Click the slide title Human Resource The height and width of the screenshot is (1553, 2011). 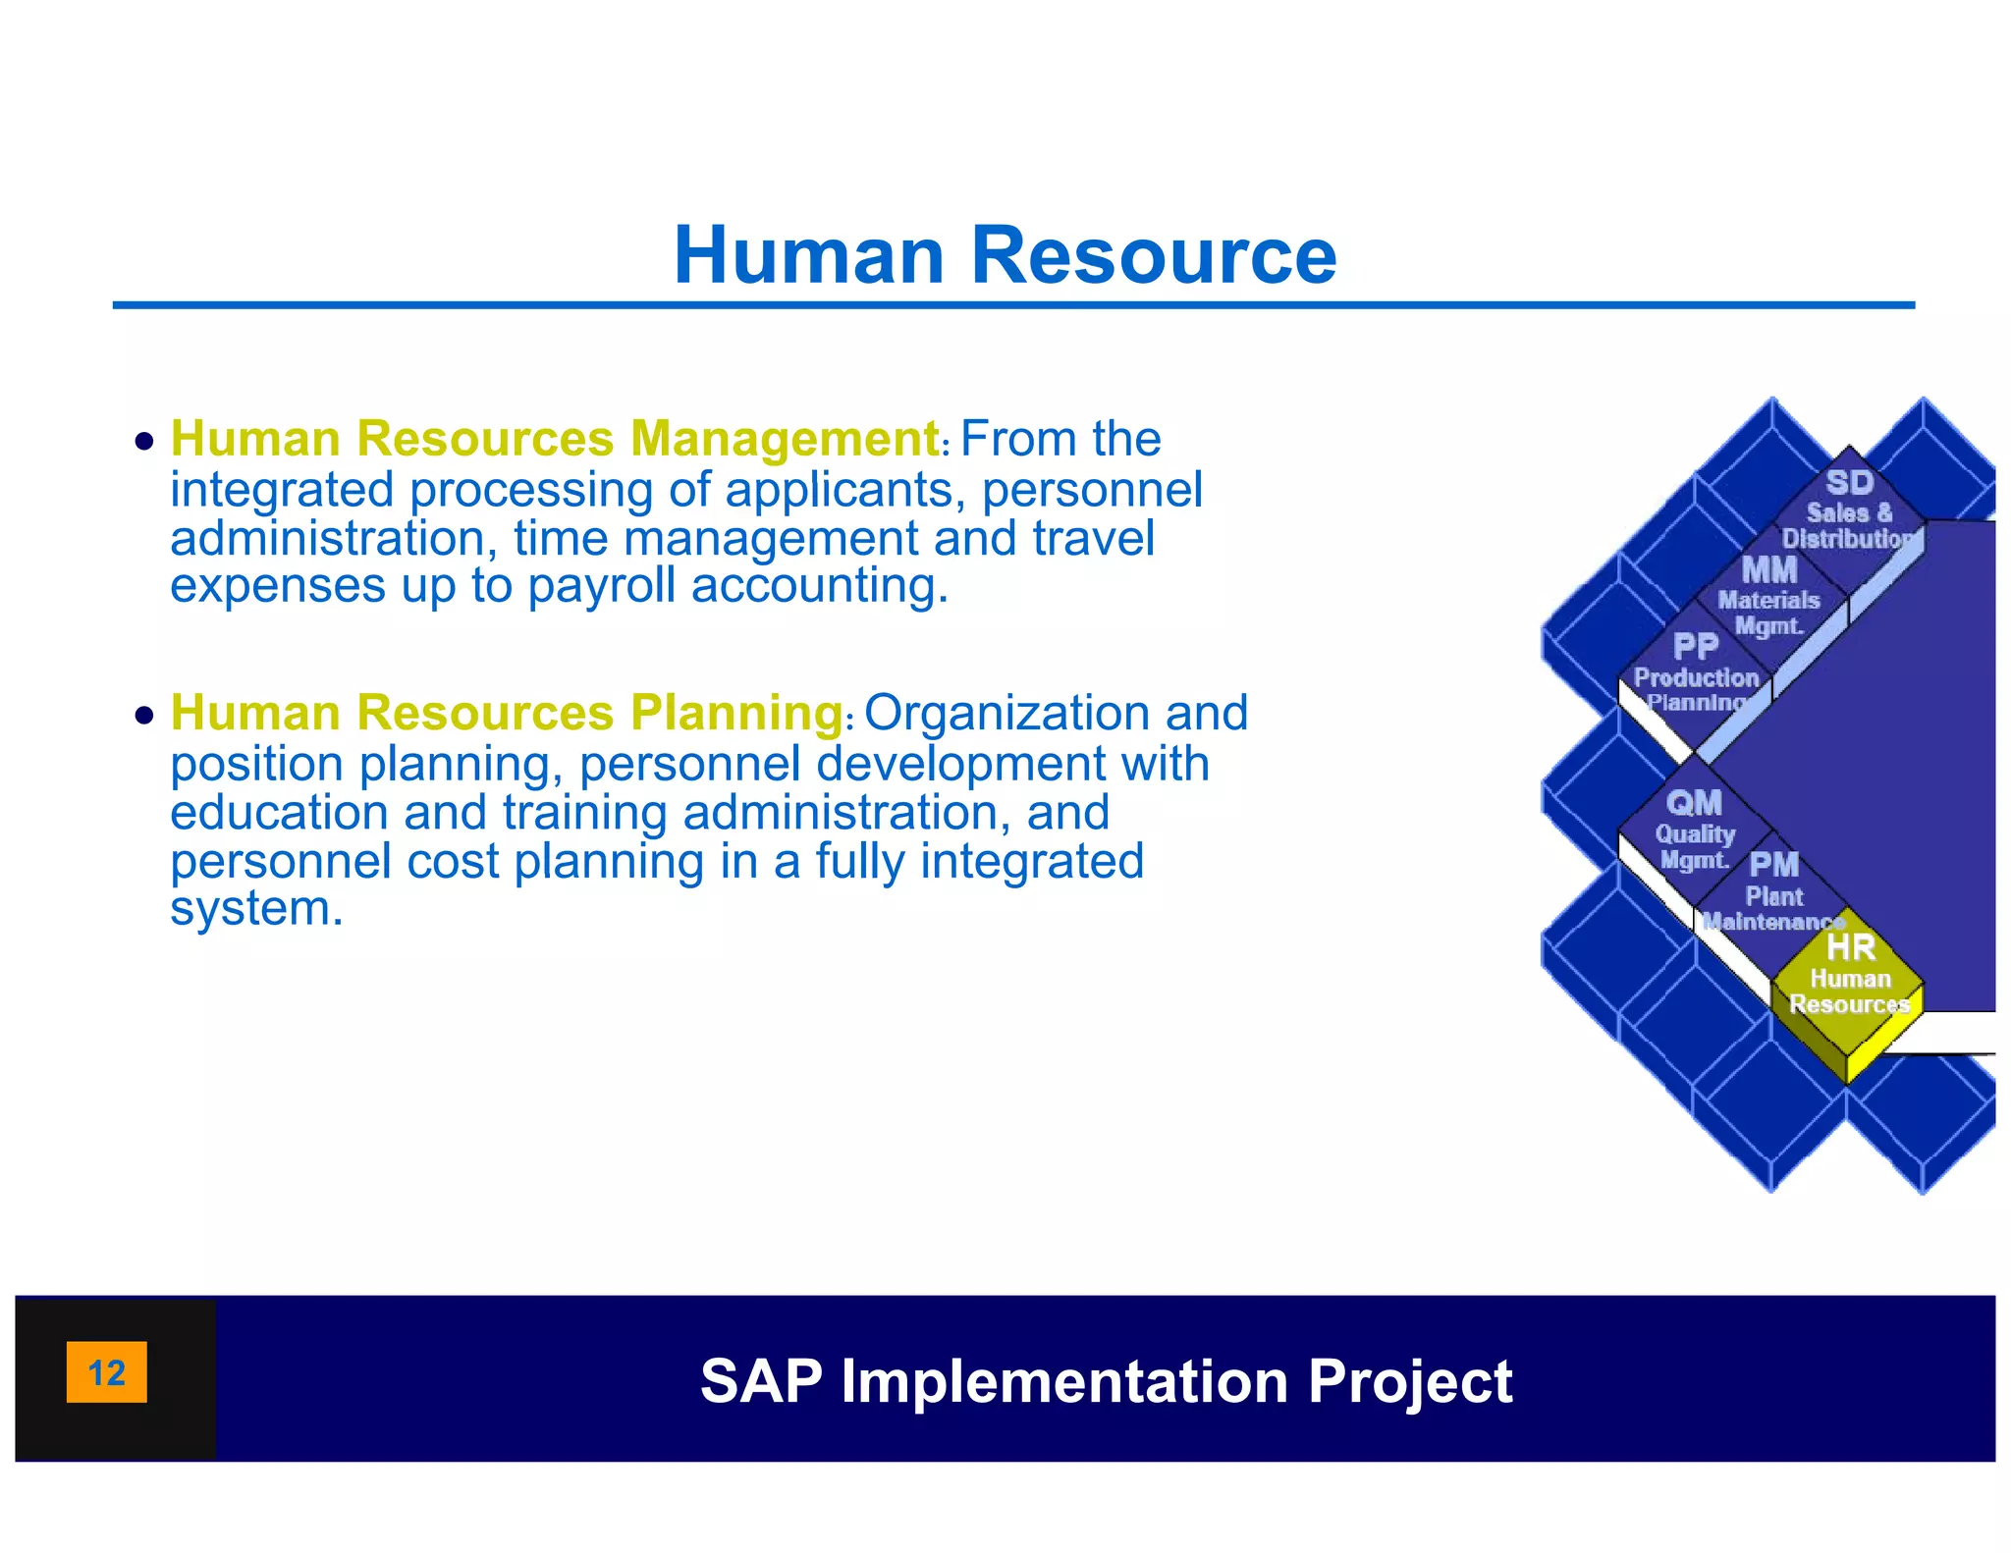pos(1005,255)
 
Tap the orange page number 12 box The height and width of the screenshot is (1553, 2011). pos(106,1371)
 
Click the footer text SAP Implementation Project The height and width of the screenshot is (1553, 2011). pos(1106,1381)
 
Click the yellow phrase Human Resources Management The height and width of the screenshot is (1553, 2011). pos(555,439)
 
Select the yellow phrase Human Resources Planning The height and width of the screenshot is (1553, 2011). pos(507,713)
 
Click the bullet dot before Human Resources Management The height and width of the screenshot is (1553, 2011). pos(145,442)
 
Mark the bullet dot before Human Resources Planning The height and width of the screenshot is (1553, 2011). pos(145,716)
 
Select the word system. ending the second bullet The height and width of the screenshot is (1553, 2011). pos(256,908)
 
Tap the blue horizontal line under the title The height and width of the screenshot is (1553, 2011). pos(1012,305)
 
